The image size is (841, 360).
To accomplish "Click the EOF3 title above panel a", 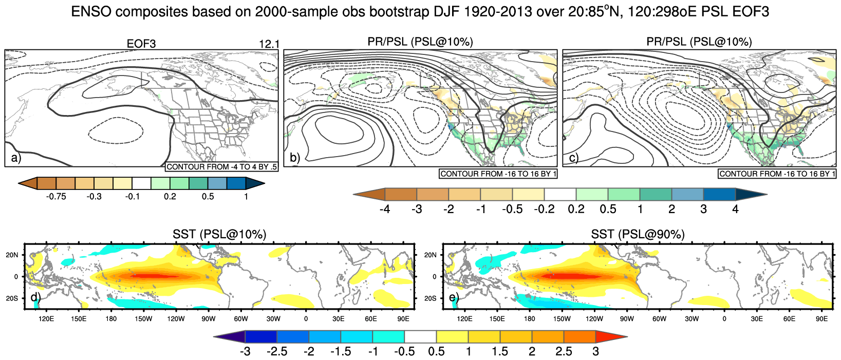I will (141, 44).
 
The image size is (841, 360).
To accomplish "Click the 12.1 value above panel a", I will (269, 44).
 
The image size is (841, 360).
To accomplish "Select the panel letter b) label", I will (294, 158).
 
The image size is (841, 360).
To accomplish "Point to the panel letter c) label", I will (573, 158).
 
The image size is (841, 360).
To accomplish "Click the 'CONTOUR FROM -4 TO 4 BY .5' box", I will (221, 167).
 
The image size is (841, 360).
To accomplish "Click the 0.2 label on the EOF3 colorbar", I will (170, 197).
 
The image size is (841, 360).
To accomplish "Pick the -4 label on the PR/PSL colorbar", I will (384, 209).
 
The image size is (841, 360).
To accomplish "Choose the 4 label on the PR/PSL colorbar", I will (735, 209).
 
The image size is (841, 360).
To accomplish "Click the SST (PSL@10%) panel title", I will (219, 235).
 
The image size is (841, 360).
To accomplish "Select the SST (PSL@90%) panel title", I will (638, 235).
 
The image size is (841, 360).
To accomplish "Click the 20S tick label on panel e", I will (431, 298).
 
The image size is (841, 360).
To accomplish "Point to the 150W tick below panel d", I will (143, 319).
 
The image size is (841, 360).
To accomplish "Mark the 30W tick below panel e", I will (692, 319).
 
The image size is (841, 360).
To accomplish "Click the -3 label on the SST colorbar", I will (245, 352).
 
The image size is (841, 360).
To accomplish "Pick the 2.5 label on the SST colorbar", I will (564, 352).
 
